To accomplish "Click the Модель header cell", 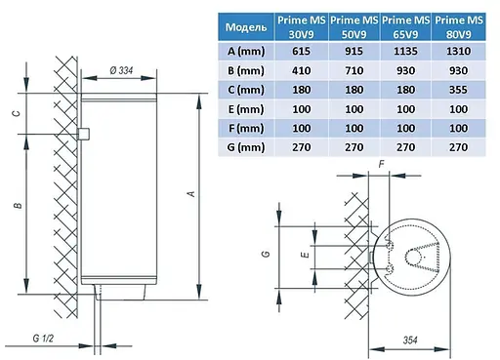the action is tap(246, 27).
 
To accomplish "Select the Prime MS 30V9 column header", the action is tap(301, 27).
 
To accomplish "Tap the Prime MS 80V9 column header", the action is tap(459, 27).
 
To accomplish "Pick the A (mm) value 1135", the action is tap(405, 51).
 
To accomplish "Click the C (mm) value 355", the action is tap(458, 90).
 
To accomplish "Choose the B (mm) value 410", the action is tap(301, 70).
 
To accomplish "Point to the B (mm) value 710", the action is tap(354, 70).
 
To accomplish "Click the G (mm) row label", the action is tap(246, 147).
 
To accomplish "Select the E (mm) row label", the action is tap(246, 109).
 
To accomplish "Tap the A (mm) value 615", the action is tap(301, 51).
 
